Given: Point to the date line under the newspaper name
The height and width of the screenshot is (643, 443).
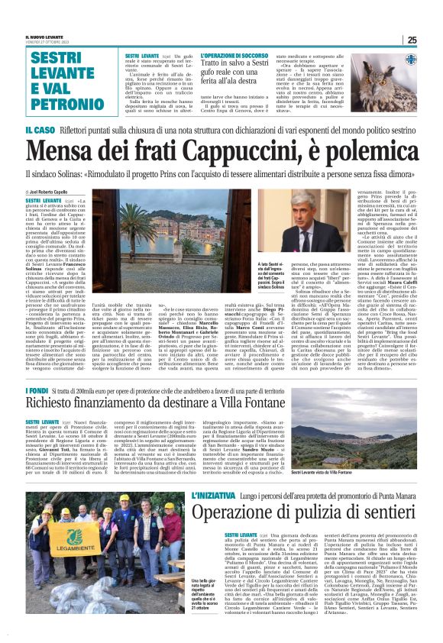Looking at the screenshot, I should [x=41, y=43].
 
